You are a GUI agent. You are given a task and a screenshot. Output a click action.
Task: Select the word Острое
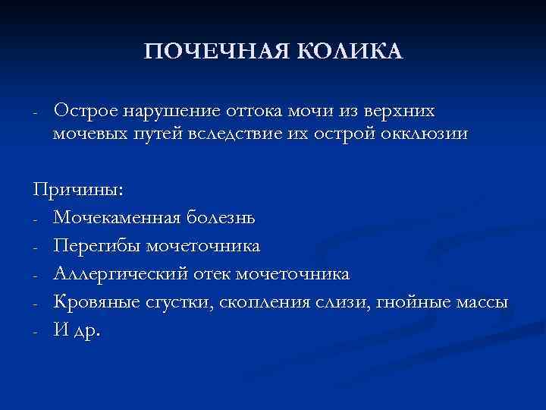[x=81, y=112]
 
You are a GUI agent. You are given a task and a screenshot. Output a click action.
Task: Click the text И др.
[x=77, y=330]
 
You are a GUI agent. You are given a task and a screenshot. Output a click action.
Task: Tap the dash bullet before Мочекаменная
[x=36, y=220]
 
